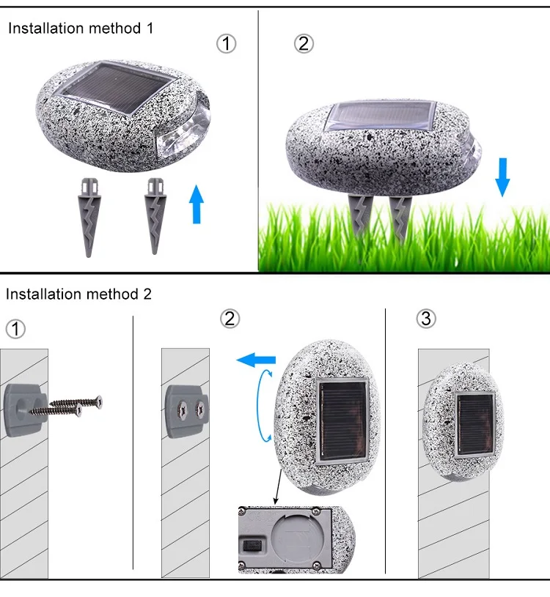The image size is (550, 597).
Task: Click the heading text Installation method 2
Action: point(78,294)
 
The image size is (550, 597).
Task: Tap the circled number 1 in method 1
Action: point(227,44)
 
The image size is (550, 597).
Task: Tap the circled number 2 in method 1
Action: point(304,44)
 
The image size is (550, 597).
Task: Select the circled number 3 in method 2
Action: point(426,319)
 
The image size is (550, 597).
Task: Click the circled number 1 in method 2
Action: point(15,329)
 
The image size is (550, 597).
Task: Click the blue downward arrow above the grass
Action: point(502,177)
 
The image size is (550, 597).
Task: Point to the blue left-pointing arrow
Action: point(256,360)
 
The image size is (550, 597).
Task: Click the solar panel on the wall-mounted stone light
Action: point(474,423)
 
